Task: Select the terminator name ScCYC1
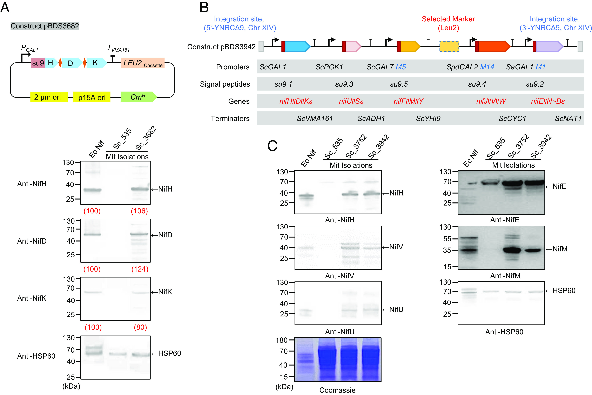pyautogui.click(x=512, y=118)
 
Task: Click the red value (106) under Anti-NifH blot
pyautogui.click(x=139, y=211)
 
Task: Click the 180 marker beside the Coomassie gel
pyautogui.click(x=282, y=340)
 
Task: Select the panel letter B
pyautogui.click(x=204, y=8)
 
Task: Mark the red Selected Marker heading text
pyautogui.click(x=448, y=19)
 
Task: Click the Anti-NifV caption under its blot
pyautogui.click(x=339, y=276)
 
